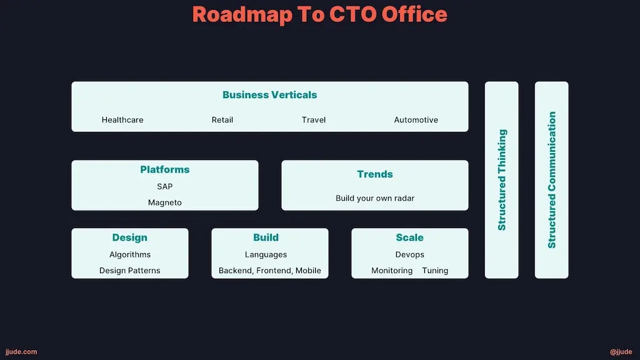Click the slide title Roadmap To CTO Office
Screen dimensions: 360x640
point(319,14)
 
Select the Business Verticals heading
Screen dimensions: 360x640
point(269,95)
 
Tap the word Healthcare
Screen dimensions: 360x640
point(122,120)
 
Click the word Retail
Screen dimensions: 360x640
point(222,120)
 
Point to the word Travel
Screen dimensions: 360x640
point(313,120)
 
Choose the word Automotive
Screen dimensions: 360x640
point(416,120)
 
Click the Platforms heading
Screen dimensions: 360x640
point(164,169)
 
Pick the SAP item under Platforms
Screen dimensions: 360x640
point(164,186)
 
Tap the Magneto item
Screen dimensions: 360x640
point(164,202)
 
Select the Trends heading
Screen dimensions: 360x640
point(374,174)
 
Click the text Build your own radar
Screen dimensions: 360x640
point(374,198)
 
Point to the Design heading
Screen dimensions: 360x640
point(129,237)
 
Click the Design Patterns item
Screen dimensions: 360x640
point(129,271)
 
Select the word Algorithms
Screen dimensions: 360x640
point(129,254)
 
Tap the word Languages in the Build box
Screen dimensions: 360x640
point(266,254)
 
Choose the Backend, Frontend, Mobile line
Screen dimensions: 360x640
point(269,271)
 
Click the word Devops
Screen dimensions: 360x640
point(409,254)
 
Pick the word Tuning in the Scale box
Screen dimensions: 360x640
point(435,271)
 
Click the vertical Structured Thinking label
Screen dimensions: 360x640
point(502,180)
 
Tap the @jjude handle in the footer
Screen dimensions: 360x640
point(621,352)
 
